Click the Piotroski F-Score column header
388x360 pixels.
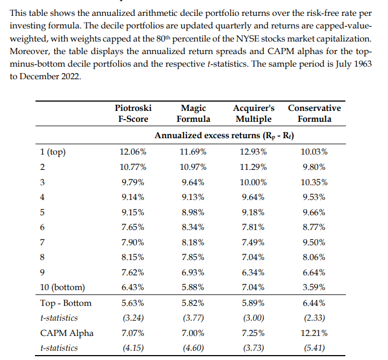pyautogui.click(x=133, y=113)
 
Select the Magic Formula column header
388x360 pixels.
pyautogui.click(x=193, y=113)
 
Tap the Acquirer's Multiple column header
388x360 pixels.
pyautogui.click(x=254, y=113)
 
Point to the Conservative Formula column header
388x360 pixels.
pyautogui.click(x=314, y=113)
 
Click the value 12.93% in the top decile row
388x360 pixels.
pyautogui.click(x=253, y=152)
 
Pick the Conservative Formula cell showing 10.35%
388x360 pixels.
pyautogui.click(x=314, y=182)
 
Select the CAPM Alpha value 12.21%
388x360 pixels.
pyautogui.click(x=314, y=333)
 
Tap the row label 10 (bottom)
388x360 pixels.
pyautogui.click(x=62, y=287)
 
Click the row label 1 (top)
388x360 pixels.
pyautogui.click(x=52, y=152)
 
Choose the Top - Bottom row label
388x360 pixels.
pyautogui.click(x=66, y=303)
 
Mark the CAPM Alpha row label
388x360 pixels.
pyautogui.click(x=67, y=333)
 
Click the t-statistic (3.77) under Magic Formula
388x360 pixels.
pyautogui.click(x=193, y=318)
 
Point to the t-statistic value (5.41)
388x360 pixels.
pyautogui.click(x=314, y=348)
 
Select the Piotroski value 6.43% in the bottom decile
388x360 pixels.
pyautogui.click(x=133, y=287)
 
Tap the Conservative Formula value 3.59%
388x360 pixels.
pyautogui.click(x=314, y=287)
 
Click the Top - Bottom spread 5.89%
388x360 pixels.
pyautogui.click(x=253, y=303)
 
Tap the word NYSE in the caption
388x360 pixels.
pyautogui.click(x=246, y=39)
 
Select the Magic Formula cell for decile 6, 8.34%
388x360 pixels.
pyautogui.click(x=193, y=227)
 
